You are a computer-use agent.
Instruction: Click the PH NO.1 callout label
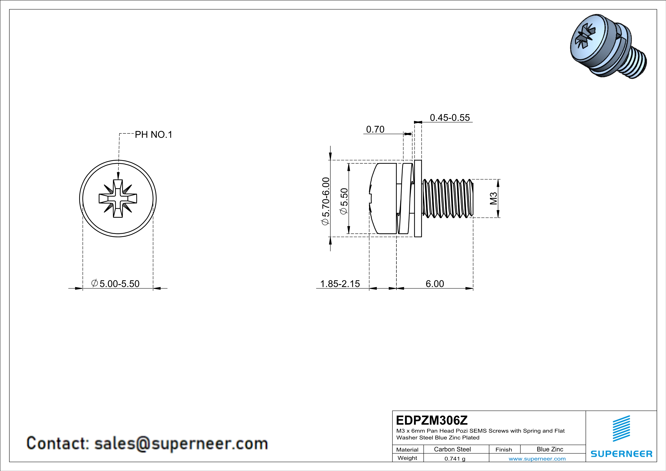tap(153, 135)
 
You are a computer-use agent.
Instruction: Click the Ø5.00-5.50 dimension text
tap(115, 283)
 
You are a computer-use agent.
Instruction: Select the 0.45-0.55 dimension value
tap(450, 118)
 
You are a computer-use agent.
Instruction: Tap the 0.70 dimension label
tap(375, 129)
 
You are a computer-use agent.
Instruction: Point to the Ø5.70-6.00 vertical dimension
tap(326, 201)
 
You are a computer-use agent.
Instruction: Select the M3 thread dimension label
tap(493, 198)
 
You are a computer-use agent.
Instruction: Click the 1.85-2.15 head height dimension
tap(340, 284)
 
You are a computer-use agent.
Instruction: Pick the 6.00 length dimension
tap(435, 284)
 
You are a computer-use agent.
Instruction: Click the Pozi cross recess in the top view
tap(118, 199)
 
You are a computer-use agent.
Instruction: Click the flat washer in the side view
tap(418, 198)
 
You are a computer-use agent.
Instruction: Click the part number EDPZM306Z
tap(432, 420)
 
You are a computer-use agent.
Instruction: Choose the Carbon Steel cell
tap(452, 449)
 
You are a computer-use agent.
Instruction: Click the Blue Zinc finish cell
tap(550, 449)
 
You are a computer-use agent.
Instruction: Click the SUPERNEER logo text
tap(621, 454)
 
